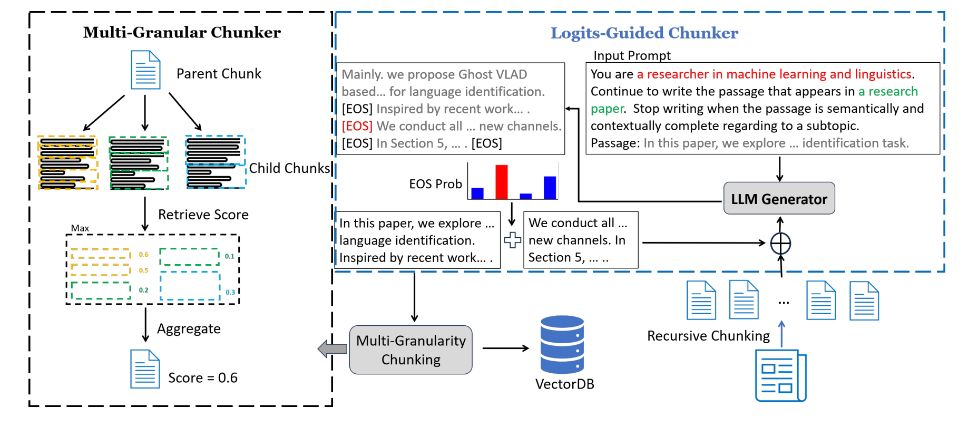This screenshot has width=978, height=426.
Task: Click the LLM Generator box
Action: click(779, 199)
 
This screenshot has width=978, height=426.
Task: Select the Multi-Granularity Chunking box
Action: click(410, 350)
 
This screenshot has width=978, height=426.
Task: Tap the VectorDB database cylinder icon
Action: click(562, 344)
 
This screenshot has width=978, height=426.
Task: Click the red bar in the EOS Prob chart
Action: click(502, 182)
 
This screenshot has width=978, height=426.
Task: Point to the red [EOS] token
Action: click(357, 127)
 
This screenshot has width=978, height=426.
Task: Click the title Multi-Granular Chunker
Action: click(182, 33)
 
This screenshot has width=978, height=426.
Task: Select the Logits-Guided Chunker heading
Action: click(644, 33)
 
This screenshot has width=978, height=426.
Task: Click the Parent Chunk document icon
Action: click(145, 70)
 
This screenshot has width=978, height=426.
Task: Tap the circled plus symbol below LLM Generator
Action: click(780, 244)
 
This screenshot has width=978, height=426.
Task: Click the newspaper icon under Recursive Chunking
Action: click(780, 375)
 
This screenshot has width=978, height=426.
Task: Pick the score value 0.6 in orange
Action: click(143, 255)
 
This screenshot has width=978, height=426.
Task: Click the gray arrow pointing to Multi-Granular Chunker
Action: click(332, 348)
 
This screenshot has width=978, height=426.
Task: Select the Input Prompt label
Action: click(632, 56)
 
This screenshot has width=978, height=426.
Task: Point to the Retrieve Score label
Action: click(203, 215)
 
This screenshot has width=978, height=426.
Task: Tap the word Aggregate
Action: click(189, 329)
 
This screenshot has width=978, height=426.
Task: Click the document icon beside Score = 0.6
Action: click(145, 369)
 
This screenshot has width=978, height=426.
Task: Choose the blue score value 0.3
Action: click(230, 292)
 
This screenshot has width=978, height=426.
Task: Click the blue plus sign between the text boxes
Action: click(512, 240)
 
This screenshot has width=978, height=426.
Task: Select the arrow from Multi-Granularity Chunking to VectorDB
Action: click(505, 348)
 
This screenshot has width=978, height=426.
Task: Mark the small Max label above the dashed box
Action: click(80, 228)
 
